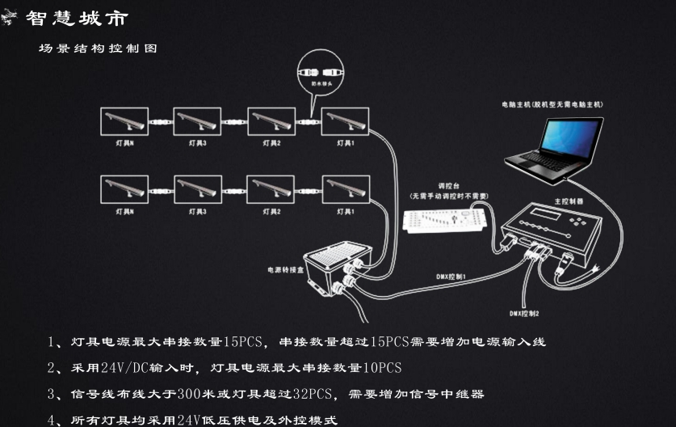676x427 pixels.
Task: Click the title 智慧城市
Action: pos(76,18)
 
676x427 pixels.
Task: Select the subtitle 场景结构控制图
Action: pos(98,49)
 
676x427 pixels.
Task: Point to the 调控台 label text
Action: pos(447,185)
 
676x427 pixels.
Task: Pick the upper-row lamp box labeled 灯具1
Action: pos(345,122)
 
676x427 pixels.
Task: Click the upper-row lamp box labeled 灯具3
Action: pos(197,122)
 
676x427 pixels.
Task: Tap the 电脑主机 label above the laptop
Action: pos(517,105)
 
